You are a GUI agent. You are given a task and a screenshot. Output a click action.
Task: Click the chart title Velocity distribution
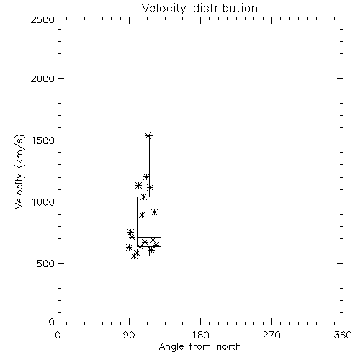199,8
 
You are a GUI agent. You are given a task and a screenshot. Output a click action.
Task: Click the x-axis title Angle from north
199,346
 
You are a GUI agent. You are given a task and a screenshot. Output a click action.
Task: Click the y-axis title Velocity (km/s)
19,171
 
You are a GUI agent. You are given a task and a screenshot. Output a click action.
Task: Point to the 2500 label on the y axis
42,19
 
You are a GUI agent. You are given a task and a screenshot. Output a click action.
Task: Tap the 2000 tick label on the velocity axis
42,78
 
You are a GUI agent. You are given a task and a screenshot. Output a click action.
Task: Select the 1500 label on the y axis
43,140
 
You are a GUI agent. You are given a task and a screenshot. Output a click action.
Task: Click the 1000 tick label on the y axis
43,202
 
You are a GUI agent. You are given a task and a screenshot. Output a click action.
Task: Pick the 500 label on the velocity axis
46,264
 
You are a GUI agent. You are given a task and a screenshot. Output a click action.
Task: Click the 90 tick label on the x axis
129,335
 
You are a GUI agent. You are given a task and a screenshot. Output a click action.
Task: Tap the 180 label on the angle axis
200,335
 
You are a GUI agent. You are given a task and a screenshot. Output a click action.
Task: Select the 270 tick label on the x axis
271,335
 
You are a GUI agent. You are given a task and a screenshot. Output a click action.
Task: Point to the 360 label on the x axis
343,335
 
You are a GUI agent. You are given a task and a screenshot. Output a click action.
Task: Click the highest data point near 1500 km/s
148,135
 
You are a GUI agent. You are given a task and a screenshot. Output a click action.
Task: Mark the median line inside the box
149,237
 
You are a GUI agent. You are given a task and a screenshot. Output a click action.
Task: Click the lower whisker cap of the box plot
149,256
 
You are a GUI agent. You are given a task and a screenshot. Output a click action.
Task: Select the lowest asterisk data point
135,256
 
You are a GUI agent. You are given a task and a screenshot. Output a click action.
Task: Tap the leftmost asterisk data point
129,247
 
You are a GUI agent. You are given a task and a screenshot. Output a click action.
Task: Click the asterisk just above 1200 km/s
146,177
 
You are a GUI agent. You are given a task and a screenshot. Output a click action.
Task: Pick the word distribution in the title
225,8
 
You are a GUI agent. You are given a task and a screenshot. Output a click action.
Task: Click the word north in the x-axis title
229,346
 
